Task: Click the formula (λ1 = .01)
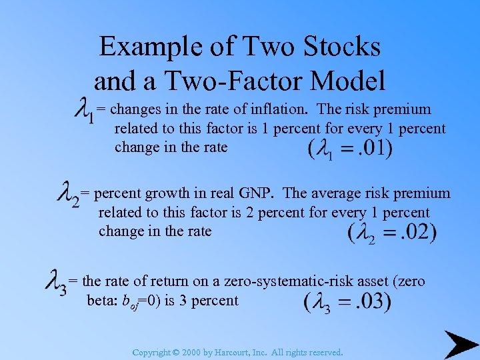tap(350, 149)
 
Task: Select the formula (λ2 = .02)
tap(392, 233)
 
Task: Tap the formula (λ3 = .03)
tap(347, 302)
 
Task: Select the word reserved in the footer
tap(324, 352)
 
